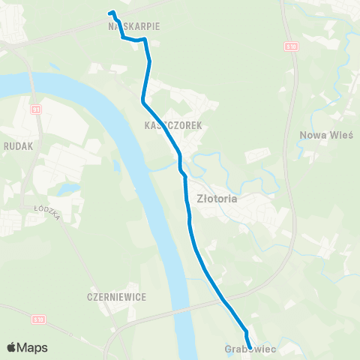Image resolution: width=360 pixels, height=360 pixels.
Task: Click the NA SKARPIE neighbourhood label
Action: click(x=133, y=25)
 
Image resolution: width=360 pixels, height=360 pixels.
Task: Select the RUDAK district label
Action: click(x=18, y=147)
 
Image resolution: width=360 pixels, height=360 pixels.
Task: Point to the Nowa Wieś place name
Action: click(x=321, y=136)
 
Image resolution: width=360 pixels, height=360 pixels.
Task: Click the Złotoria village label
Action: click(x=216, y=200)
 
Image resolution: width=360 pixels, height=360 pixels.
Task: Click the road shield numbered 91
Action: click(x=36, y=109)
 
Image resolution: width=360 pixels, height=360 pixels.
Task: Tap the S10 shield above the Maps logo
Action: click(x=39, y=319)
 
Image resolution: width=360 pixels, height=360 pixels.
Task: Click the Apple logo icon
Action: click(x=13, y=347)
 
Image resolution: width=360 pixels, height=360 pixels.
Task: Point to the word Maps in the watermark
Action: click(x=33, y=347)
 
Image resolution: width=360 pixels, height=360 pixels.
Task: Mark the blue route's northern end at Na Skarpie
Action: click(x=111, y=12)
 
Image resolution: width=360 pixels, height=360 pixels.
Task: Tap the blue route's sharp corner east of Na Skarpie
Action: click(x=145, y=38)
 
